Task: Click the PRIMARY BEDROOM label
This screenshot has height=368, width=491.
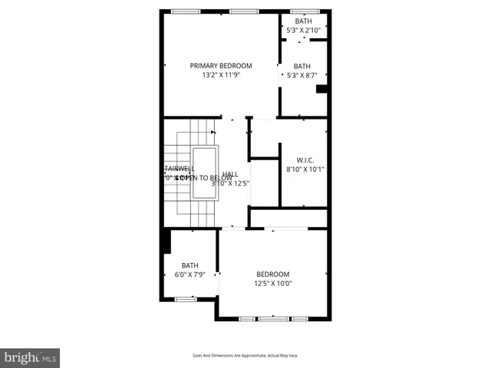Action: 221,66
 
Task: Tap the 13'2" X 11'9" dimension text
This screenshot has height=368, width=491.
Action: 221,76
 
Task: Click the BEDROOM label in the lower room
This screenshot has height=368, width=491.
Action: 272,274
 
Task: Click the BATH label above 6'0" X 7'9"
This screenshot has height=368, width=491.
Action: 189,265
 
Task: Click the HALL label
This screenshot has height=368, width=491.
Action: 229,174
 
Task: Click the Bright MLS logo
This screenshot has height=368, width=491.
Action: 31,357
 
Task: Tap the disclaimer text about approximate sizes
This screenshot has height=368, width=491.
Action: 245,356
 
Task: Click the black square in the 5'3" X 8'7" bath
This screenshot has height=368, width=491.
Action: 322,89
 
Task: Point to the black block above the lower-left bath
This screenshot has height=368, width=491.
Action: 165,241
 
